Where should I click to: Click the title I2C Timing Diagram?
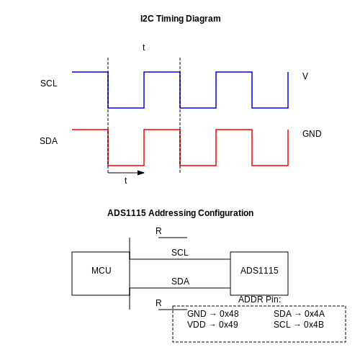click(181, 19)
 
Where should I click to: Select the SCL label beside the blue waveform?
click(49, 84)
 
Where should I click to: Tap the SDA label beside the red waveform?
click(48, 141)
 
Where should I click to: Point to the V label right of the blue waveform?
click(305, 76)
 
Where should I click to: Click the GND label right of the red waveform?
click(312, 134)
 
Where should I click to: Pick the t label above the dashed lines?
click(143, 48)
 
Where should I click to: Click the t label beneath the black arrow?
click(125, 181)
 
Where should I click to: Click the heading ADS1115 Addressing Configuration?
click(181, 213)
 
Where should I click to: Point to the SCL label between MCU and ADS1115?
click(180, 253)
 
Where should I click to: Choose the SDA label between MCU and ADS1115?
click(180, 282)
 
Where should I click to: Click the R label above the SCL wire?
click(158, 231)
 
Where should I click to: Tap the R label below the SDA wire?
click(158, 303)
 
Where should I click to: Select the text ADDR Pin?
click(259, 300)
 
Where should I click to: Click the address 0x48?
click(229, 314)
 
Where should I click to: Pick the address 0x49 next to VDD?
click(228, 325)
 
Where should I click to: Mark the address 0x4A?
click(315, 314)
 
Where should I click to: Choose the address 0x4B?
click(314, 325)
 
